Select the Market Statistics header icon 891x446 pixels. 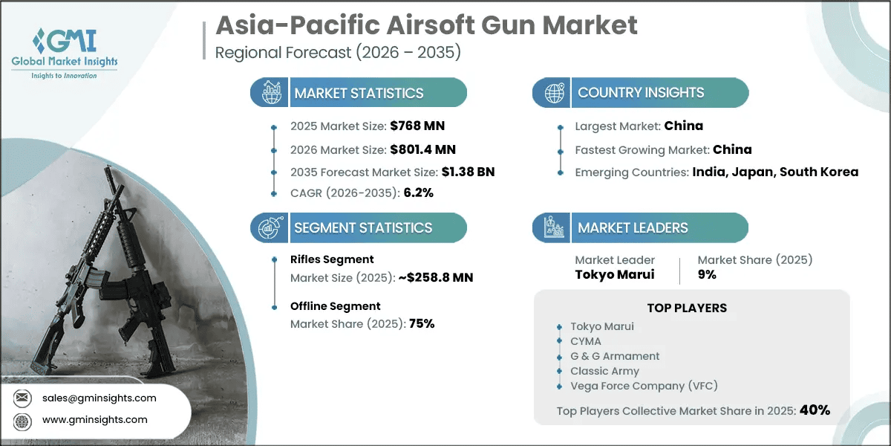point(269,93)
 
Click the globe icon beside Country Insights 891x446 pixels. point(552,93)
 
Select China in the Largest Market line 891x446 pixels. point(684,126)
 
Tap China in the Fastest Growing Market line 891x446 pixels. point(732,149)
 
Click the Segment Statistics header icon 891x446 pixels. point(269,227)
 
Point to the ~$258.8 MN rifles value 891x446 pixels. point(432,277)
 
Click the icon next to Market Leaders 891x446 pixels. point(552,227)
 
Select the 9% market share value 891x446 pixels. point(707,274)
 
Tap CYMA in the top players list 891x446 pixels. point(586,341)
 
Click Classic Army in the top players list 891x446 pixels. point(604,370)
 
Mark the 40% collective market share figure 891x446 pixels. point(815,410)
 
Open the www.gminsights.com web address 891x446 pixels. point(95,420)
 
